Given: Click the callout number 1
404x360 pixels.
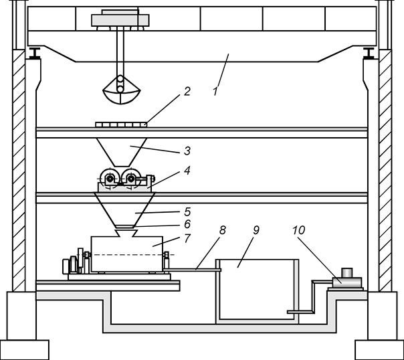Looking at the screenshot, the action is (x=215, y=92).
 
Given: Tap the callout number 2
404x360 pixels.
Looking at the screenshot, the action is (x=187, y=92).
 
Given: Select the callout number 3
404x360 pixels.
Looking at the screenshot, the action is (x=187, y=151).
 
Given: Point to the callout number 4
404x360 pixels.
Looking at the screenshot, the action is (x=187, y=171).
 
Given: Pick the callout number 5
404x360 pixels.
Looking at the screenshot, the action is (x=187, y=212).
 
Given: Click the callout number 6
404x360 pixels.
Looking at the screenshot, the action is (x=187, y=224).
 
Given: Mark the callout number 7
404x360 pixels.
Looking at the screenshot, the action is (x=187, y=238).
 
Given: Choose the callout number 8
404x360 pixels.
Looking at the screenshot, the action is (x=223, y=230).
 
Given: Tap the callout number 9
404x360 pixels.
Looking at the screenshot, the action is (x=256, y=230).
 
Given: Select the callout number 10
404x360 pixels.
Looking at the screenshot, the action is (x=298, y=230).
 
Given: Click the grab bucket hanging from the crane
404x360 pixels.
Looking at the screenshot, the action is (x=121, y=90).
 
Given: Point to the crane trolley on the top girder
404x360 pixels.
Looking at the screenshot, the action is (x=120, y=20).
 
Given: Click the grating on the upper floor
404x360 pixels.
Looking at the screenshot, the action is (x=121, y=124).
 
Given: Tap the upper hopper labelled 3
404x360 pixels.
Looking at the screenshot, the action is (x=122, y=152).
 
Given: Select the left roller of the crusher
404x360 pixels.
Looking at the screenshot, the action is (x=109, y=178).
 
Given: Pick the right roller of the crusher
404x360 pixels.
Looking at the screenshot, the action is (x=131, y=178).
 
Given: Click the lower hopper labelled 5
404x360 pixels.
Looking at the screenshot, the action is (x=124, y=211).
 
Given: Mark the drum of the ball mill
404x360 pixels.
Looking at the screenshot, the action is (x=127, y=254).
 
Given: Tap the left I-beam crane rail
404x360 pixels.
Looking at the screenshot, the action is (x=34, y=53).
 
